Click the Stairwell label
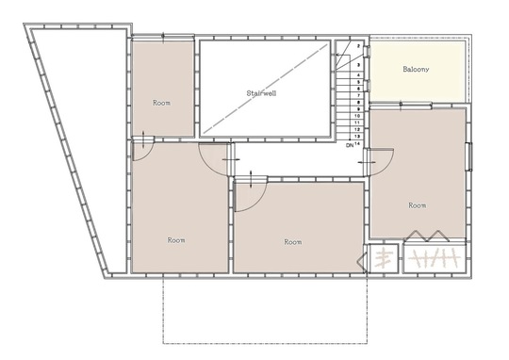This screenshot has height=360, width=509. (261, 93)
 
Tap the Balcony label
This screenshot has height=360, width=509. (416, 69)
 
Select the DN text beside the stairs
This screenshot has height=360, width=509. (350, 145)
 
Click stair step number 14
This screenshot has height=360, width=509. (357, 143)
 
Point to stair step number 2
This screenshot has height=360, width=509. (358, 46)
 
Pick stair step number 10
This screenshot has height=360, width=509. (357, 116)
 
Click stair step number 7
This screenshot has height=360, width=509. (358, 95)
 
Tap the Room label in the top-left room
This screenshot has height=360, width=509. (161, 103)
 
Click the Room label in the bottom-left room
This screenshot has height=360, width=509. (176, 240)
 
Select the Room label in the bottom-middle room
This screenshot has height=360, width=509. (293, 242)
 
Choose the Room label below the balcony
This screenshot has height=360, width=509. (418, 205)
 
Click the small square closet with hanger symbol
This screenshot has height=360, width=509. (384, 258)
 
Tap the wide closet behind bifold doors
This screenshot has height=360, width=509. (435, 258)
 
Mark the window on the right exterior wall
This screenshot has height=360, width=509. (469, 156)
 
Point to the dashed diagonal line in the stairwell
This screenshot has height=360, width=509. (265, 89)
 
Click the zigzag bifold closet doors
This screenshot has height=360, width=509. (427, 237)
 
